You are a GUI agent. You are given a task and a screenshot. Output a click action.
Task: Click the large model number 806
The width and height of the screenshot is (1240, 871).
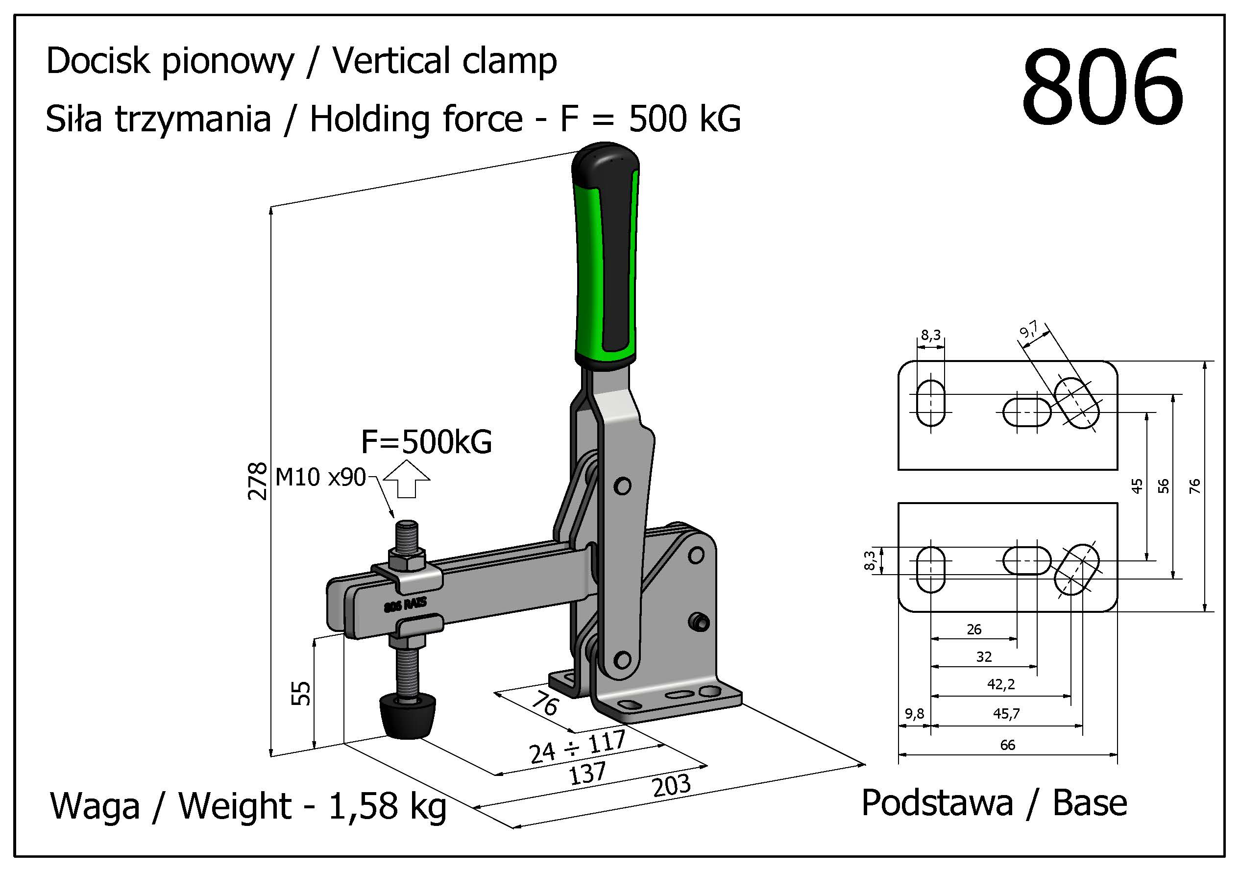coord(1102,88)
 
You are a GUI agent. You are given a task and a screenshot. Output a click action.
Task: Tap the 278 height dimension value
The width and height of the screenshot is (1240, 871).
coord(258,481)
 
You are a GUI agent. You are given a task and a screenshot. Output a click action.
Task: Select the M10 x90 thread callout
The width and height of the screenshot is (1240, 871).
coord(320,477)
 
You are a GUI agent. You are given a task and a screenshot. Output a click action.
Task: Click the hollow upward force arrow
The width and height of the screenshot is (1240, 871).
coord(407,479)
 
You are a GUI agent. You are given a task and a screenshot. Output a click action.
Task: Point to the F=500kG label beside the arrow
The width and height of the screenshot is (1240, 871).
coord(426,442)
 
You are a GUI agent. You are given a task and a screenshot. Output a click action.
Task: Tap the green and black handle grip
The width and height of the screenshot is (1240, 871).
coord(606,259)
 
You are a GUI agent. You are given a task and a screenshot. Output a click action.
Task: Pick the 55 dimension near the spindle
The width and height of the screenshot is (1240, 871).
coord(301,693)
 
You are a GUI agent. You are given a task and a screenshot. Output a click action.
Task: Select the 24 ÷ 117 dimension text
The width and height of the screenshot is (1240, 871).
coord(576,748)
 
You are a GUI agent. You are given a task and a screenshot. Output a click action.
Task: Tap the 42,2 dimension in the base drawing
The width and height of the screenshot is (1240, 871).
coord(1001,685)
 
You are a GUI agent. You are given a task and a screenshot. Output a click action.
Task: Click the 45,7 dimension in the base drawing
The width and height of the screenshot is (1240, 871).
coord(1006,714)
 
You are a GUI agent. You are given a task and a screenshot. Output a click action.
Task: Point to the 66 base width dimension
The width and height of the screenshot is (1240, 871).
coord(1007,745)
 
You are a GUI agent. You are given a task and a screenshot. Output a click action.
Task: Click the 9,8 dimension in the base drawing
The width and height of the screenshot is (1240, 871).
coord(914,714)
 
